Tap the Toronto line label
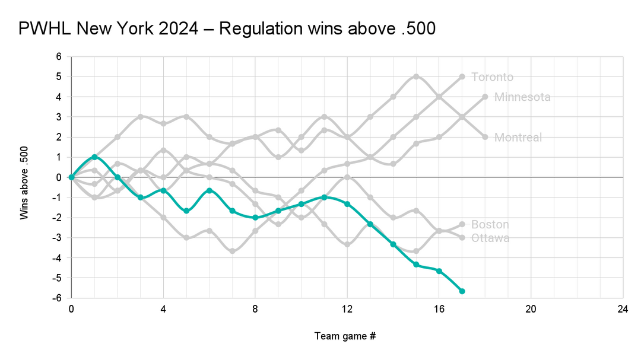pos(492,77)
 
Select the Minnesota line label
pos(522,97)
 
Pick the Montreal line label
pos(518,138)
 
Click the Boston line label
pos(490,225)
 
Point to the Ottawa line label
pos(490,238)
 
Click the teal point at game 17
pos(462,291)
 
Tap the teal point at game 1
pos(94,157)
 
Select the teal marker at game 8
pos(255,218)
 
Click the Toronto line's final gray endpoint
pos(462,77)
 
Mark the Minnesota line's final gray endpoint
pos(485,97)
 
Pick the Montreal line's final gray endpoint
pos(485,137)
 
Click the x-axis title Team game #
pos(345,336)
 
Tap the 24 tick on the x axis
pos(623,309)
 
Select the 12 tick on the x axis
pos(347,309)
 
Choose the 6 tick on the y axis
pos(59,57)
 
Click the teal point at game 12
pos(347,204)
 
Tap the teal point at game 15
pos(416,265)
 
